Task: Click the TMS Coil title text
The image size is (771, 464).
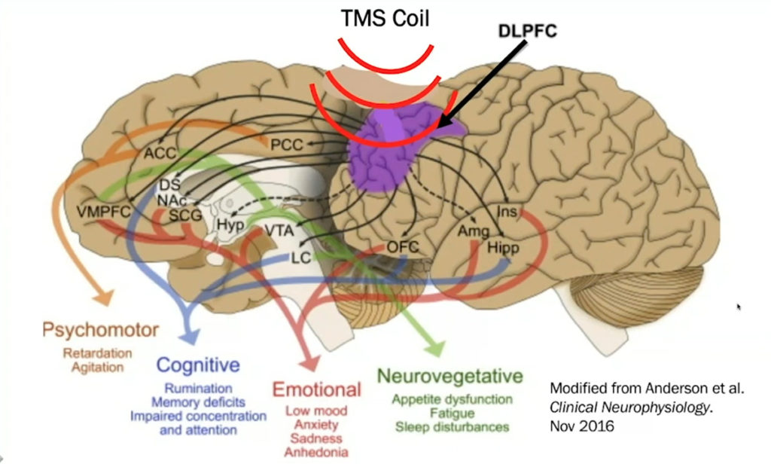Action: tap(385, 18)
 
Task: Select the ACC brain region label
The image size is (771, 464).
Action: tap(159, 154)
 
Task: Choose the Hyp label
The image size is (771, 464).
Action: tap(226, 224)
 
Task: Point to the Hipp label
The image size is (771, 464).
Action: tap(503, 248)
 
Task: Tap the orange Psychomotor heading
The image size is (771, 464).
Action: tap(100, 330)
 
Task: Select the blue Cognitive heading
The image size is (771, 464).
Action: tap(198, 366)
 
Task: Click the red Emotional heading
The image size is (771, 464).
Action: tap(316, 390)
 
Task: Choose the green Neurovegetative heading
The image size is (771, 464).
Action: tap(449, 375)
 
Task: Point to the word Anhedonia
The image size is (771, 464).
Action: tap(315, 452)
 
